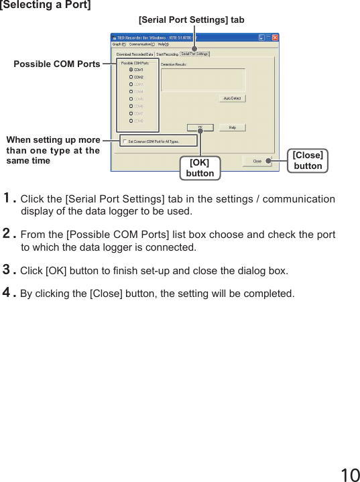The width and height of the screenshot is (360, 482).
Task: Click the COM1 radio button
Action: tap(131, 70)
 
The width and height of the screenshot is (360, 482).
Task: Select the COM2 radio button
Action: tap(131, 77)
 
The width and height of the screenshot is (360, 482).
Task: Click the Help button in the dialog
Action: tap(232, 127)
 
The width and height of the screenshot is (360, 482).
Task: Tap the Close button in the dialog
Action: tap(257, 161)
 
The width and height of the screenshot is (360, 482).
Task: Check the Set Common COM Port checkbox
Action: tap(125, 141)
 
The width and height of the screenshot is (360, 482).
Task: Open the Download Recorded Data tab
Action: tap(135, 54)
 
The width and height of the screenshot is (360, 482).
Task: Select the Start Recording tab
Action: tap(167, 54)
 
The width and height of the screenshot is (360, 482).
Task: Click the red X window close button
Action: tap(274, 38)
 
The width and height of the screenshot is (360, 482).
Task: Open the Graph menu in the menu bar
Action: tap(119, 45)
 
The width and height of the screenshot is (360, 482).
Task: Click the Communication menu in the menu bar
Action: tap(141, 45)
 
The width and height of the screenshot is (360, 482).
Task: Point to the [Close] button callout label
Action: tap(308, 161)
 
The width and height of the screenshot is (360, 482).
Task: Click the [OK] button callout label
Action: tap(200, 168)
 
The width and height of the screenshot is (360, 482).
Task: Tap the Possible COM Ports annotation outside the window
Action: tap(57, 64)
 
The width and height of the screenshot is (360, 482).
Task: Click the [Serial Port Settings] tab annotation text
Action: tap(191, 20)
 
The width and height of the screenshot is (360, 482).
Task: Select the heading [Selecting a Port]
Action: tap(45, 5)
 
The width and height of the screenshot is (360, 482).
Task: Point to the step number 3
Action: tap(8, 270)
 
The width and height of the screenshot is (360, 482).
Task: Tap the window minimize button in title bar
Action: tap(258, 38)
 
